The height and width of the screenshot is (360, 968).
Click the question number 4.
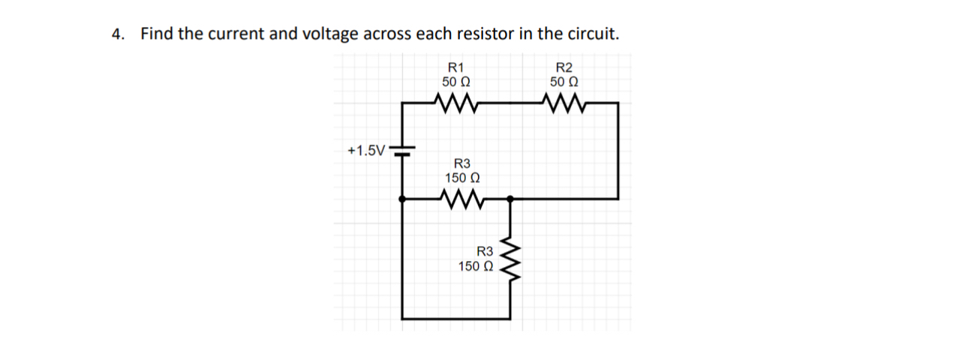(116, 34)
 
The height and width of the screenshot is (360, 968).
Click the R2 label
(563, 67)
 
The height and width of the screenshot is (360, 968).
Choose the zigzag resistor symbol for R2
(564, 102)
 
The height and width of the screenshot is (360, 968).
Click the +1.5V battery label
(366, 151)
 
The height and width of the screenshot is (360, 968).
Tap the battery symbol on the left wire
(404, 151)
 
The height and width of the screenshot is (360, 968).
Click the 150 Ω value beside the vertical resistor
(476, 266)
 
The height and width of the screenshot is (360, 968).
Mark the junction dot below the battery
(404, 199)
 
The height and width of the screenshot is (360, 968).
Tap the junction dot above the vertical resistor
(510, 199)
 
